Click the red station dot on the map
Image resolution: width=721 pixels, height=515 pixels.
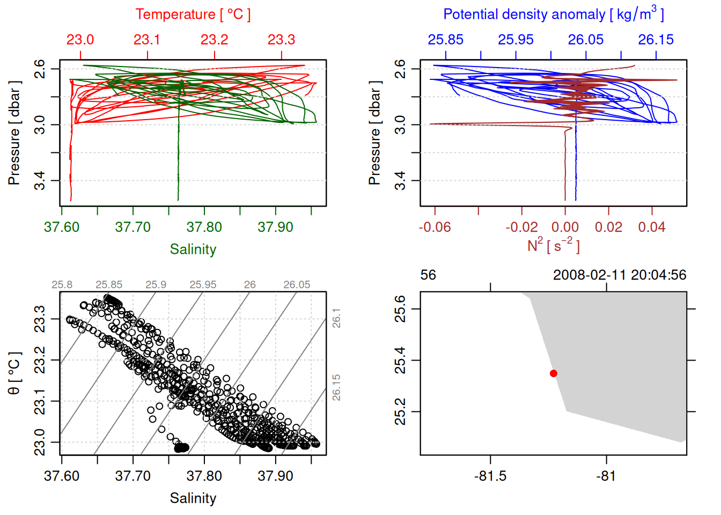click(x=554, y=373)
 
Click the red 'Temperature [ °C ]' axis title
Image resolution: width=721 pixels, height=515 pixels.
click(x=193, y=14)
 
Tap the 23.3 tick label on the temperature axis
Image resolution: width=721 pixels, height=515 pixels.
click(x=281, y=40)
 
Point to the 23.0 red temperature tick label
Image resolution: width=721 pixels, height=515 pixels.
click(x=80, y=40)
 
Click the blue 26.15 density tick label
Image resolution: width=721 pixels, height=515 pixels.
click(x=656, y=40)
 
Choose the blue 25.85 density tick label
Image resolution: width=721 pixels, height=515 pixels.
click(x=445, y=40)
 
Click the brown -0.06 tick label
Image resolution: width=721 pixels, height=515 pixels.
click(x=435, y=227)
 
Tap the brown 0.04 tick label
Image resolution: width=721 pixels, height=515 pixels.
click(x=652, y=227)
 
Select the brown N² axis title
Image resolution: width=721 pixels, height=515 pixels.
click(x=553, y=245)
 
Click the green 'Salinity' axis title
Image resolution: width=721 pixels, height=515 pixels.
click(x=193, y=249)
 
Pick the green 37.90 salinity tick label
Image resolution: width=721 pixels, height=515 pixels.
click(x=275, y=227)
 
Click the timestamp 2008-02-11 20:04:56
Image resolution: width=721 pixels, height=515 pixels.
click(x=620, y=275)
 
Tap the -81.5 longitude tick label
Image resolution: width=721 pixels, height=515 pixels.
click(x=490, y=476)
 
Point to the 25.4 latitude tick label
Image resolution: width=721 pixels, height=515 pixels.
click(x=400, y=360)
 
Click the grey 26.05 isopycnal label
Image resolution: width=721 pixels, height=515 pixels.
click(x=297, y=285)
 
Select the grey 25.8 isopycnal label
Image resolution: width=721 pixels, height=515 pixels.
click(x=62, y=285)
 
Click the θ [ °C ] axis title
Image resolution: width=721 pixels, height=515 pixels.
click(x=14, y=373)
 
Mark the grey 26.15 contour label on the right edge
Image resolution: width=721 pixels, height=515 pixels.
click(x=336, y=387)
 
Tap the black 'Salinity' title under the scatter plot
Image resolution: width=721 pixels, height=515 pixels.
click(x=193, y=498)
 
